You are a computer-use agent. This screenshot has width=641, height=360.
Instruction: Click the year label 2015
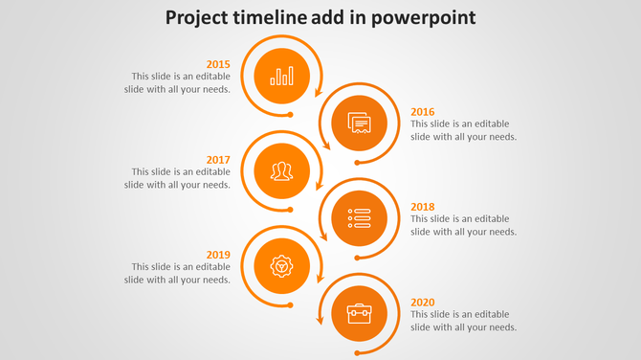pyautogui.click(x=218, y=65)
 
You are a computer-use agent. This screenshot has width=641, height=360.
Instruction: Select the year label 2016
pyautogui.click(x=423, y=111)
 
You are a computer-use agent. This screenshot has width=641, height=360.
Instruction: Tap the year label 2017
pyautogui.click(x=218, y=160)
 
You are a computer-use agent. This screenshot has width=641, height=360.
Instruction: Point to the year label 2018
pyautogui.click(x=423, y=207)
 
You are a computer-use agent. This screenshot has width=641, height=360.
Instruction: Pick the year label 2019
pyautogui.click(x=218, y=255)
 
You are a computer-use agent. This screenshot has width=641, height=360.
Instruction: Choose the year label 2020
pyautogui.click(x=423, y=302)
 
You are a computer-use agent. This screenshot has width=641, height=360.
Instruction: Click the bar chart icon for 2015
pyautogui.click(x=282, y=76)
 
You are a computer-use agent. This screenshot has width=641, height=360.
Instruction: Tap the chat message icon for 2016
pyautogui.click(x=359, y=124)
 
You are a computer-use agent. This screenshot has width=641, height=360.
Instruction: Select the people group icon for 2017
pyautogui.click(x=281, y=171)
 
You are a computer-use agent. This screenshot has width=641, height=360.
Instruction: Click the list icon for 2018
pyautogui.click(x=359, y=218)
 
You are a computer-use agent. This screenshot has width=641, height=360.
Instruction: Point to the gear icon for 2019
pyautogui.click(x=281, y=265)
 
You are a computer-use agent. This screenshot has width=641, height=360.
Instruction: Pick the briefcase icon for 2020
pyautogui.click(x=359, y=313)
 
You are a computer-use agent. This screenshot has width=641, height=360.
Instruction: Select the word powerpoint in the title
pyautogui.click(x=427, y=18)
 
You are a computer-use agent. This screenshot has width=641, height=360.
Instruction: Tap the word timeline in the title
pyautogui.click(x=282, y=18)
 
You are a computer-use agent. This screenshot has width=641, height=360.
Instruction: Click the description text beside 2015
pyautogui.click(x=178, y=82)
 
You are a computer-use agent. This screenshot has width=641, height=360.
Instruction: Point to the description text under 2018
pyautogui.click(x=464, y=225)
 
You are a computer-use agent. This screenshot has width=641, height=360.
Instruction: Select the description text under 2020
pyautogui.click(x=464, y=321)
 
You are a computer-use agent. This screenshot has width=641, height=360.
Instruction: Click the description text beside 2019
pyautogui.click(x=178, y=273)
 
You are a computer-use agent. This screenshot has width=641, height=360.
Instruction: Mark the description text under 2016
pyautogui.click(x=464, y=130)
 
